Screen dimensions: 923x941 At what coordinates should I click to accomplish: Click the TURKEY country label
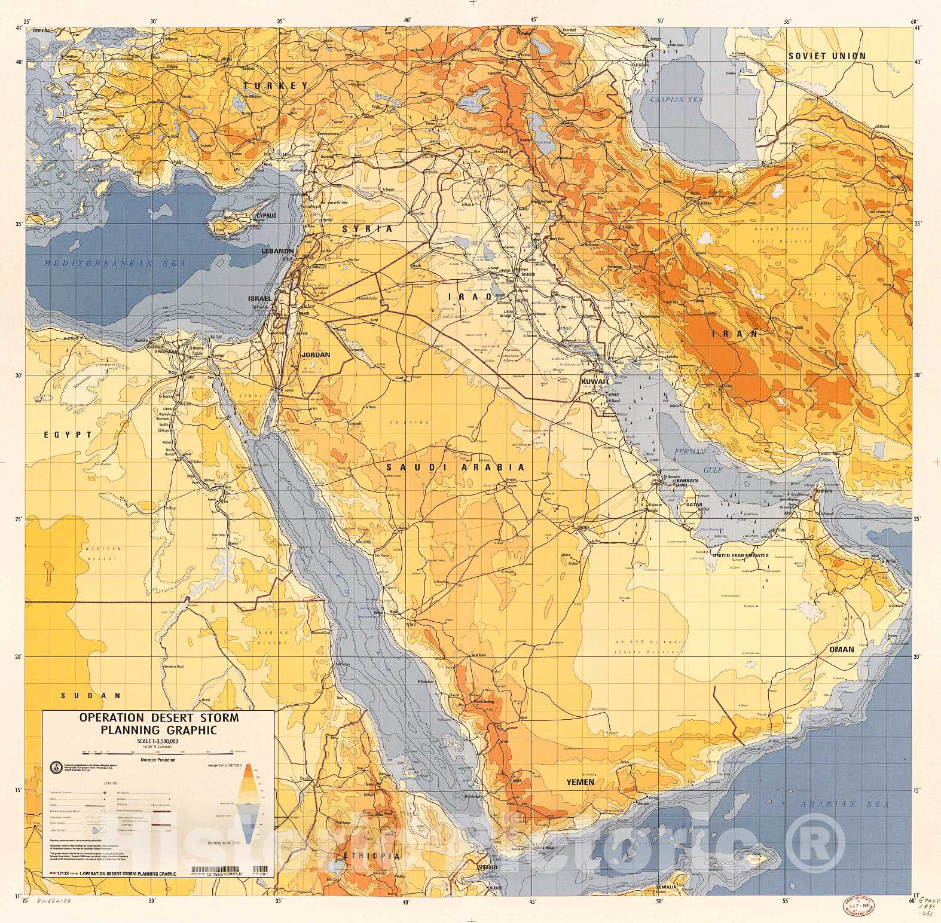[276, 86]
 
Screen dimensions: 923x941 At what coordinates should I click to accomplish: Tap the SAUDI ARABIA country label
[456, 467]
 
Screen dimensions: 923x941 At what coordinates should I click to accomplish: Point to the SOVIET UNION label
[826, 56]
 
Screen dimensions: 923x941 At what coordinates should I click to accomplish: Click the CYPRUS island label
[267, 216]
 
